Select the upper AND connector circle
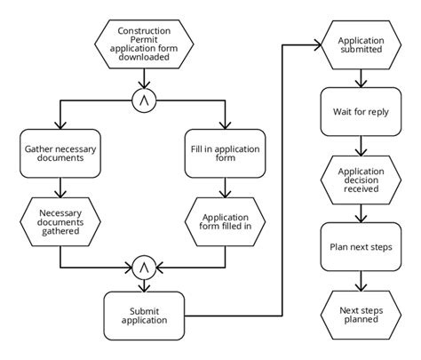[142, 101]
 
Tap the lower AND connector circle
[142, 266]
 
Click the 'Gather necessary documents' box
[59, 155]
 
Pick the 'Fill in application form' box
[226, 155]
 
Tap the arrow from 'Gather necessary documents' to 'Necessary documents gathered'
[59, 188]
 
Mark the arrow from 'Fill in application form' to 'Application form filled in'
[226, 188]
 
